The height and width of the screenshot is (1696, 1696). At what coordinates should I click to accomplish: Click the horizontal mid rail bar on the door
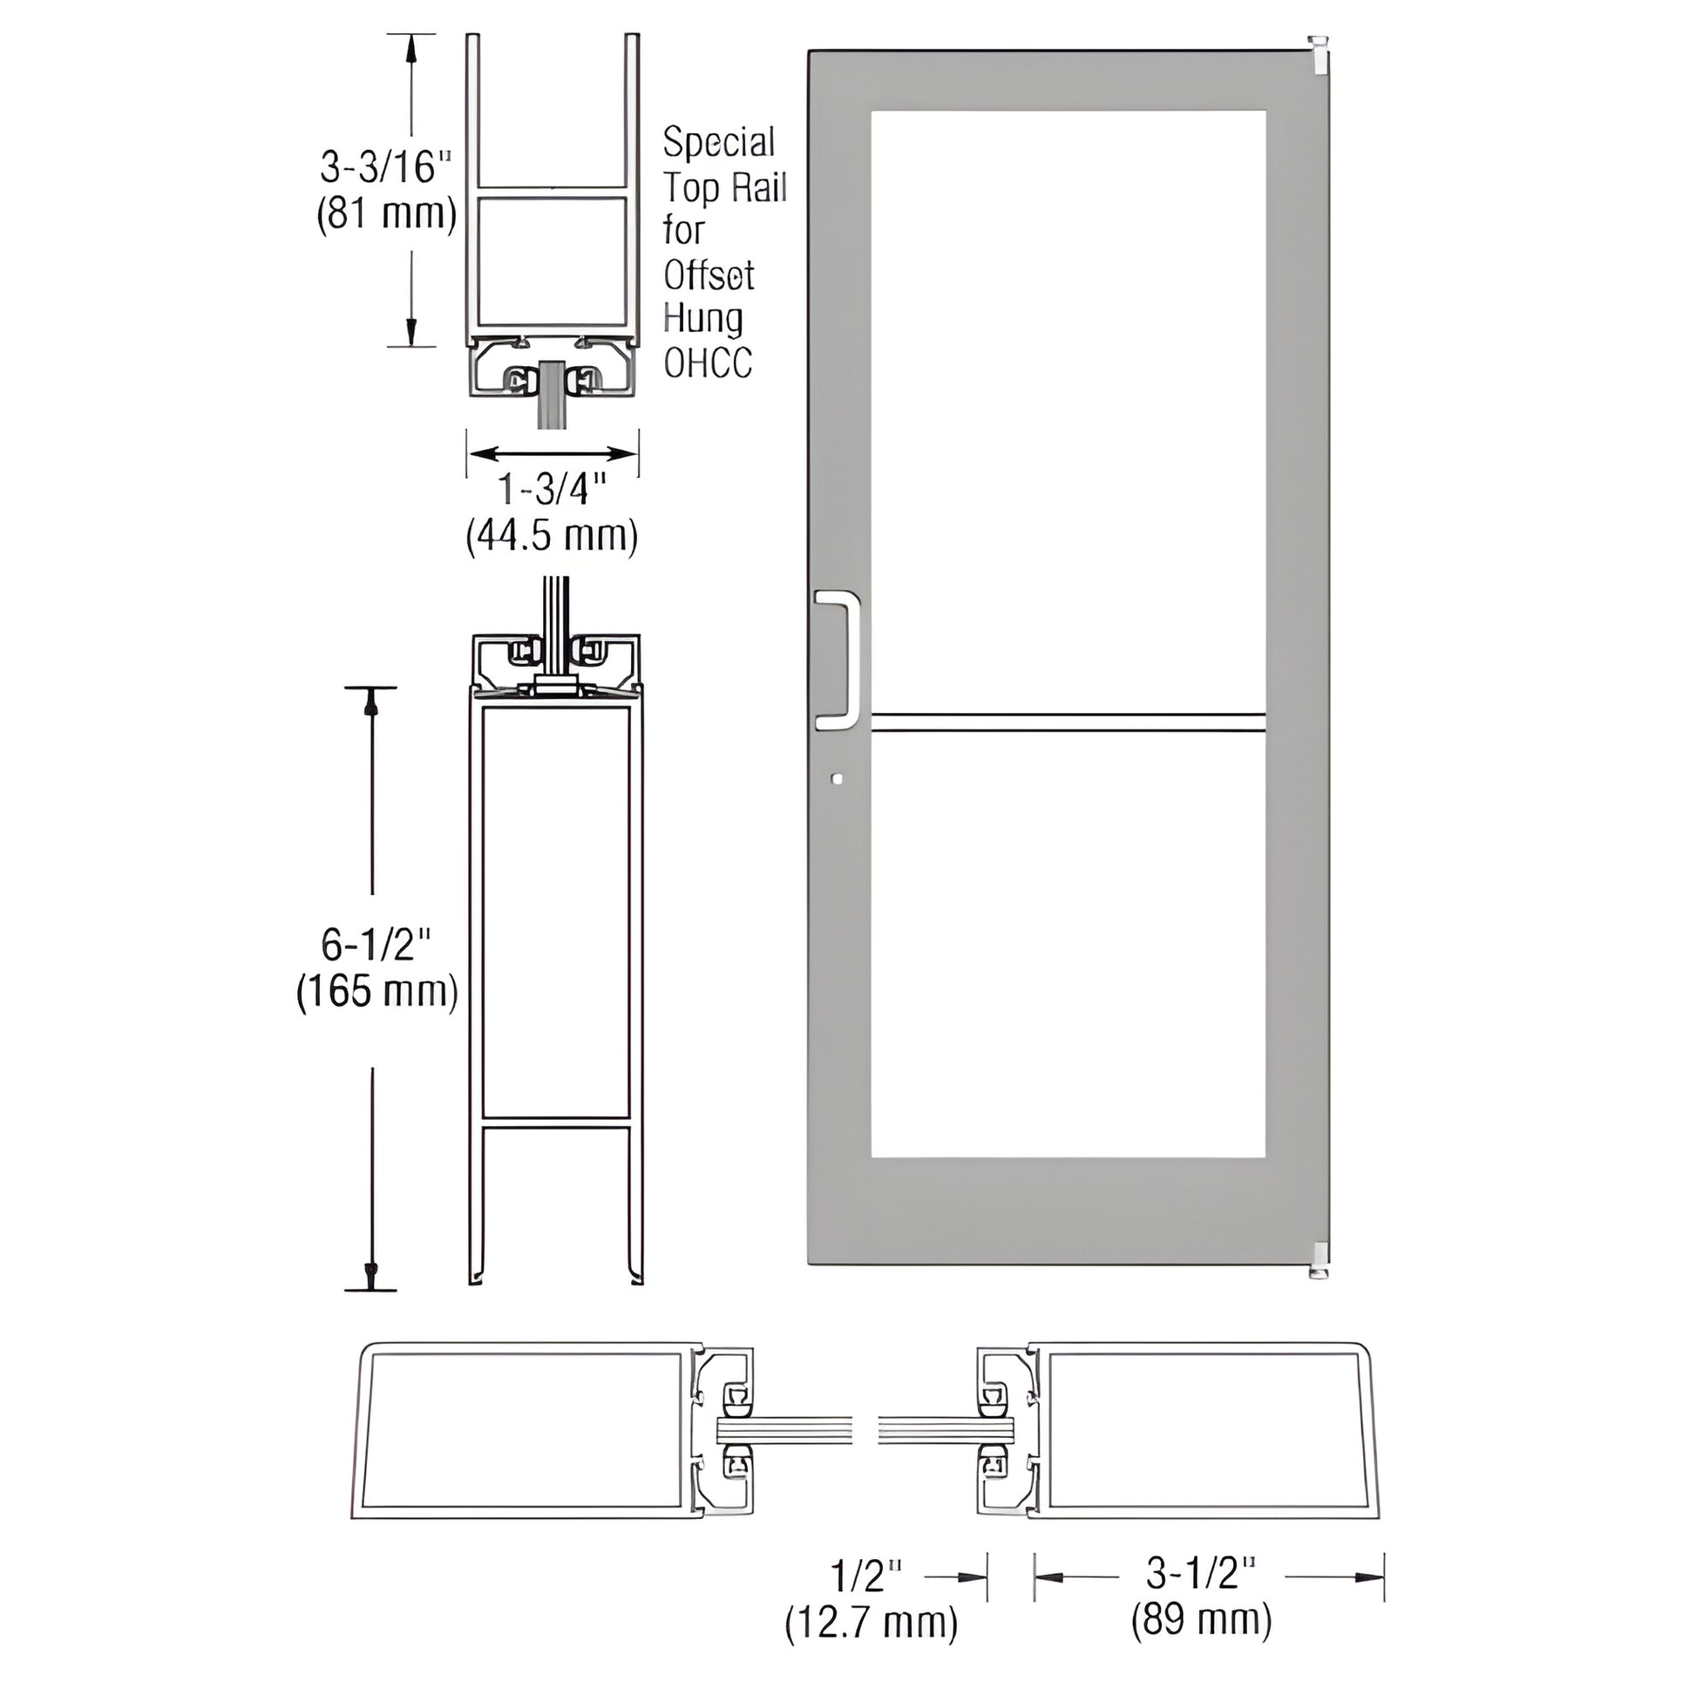click(1068, 722)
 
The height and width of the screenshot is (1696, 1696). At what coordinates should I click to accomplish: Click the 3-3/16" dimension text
click(386, 166)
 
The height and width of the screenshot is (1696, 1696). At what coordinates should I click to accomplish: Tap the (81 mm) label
click(386, 214)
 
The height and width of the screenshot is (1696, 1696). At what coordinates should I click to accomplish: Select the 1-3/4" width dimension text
click(553, 489)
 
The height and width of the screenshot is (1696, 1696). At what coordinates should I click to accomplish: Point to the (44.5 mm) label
click(553, 534)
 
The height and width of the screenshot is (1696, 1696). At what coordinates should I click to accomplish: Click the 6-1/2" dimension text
click(377, 946)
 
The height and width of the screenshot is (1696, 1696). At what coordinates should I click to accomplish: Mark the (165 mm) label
click(377, 992)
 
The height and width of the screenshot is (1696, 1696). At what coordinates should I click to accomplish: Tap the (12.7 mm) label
click(871, 1622)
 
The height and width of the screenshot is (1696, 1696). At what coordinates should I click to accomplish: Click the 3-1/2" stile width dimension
click(1201, 1573)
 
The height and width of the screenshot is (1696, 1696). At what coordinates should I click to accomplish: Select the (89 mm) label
click(1201, 1619)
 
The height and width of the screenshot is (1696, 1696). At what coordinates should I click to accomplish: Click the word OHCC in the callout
click(708, 363)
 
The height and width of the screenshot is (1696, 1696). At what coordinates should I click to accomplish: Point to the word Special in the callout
click(719, 142)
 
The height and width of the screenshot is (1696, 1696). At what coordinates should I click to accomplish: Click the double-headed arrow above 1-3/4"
click(553, 454)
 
